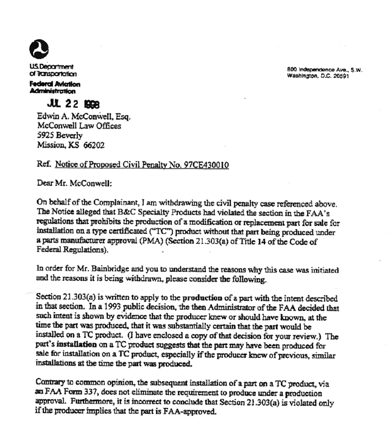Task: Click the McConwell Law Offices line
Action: [79, 127]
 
